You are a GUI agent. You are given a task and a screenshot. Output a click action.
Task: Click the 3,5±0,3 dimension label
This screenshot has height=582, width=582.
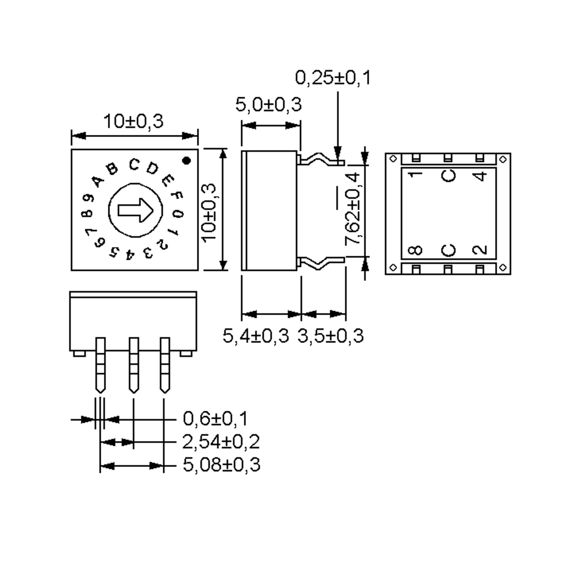click(331, 336)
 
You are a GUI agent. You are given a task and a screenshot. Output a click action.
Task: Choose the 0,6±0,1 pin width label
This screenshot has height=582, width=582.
click(215, 419)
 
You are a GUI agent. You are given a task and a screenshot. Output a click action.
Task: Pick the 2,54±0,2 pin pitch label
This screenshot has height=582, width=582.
click(221, 442)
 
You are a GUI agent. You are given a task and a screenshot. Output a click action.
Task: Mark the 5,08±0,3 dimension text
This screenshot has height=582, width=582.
click(221, 465)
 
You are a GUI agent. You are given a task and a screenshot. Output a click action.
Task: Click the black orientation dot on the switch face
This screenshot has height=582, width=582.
click(187, 161)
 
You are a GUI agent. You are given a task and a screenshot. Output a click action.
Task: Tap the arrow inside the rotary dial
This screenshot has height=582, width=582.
click(136, 210)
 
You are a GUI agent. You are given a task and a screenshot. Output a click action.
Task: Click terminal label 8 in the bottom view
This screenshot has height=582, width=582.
click(415, 250)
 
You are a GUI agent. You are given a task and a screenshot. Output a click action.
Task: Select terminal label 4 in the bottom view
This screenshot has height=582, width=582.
click(480, 176)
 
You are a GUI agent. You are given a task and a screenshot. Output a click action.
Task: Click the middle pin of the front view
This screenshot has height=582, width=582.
click(134, 364)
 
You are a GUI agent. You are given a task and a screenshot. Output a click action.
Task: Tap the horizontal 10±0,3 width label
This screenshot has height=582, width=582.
click(133, 121)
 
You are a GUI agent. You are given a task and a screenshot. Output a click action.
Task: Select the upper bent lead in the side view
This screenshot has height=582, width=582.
click(321, 159)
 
